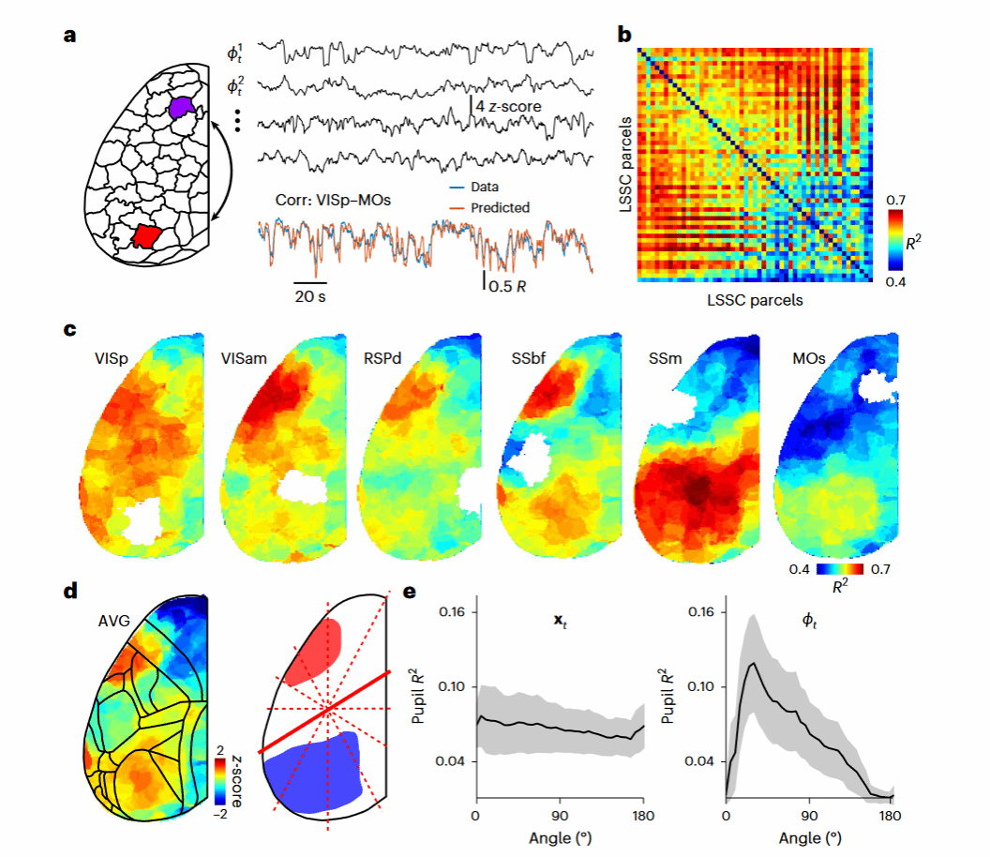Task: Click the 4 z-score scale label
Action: coord(508,107)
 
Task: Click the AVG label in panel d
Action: coord(115,620)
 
